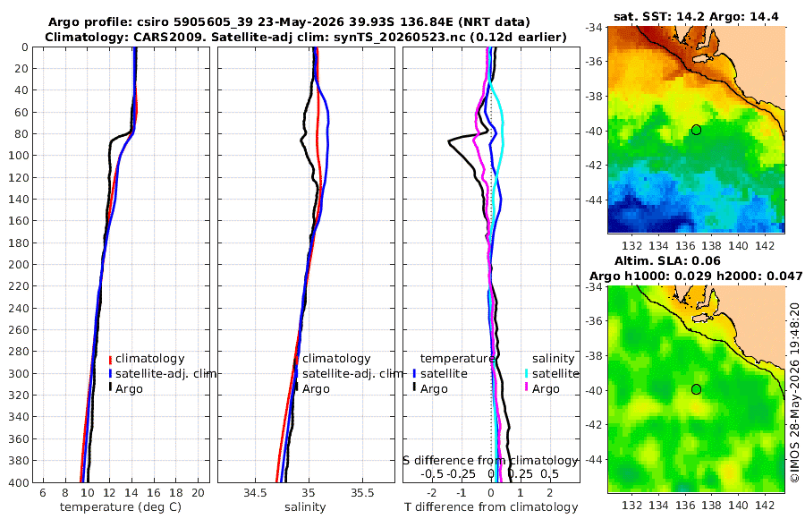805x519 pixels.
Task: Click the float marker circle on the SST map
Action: coord(696,130)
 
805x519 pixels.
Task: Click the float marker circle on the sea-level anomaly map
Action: coord(696,389)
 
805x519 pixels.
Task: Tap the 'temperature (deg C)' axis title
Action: coord(121,507)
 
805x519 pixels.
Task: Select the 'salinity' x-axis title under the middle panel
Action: coord(305,507)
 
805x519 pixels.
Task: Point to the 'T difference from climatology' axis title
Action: coord(491,507)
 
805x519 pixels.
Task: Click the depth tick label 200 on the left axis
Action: coord(18,264)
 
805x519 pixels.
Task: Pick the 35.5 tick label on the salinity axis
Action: coord(362,493)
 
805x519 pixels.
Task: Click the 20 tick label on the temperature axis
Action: coord(198,493)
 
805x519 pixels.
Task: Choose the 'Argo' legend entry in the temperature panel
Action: coord(129,389)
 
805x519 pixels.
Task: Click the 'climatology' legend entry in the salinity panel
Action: coord(336,359)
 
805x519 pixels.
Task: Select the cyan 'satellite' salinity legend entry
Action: coord(555,373)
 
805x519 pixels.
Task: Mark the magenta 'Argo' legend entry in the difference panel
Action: coord(546,389)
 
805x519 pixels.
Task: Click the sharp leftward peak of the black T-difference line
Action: coord(449,141)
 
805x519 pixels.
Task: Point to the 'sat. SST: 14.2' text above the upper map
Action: coord(660,16)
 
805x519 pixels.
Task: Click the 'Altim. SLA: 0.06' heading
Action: coord(667,261)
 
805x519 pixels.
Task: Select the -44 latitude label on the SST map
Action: coord(594,200)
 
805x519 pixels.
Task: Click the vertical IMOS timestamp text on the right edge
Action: coord(795,393)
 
